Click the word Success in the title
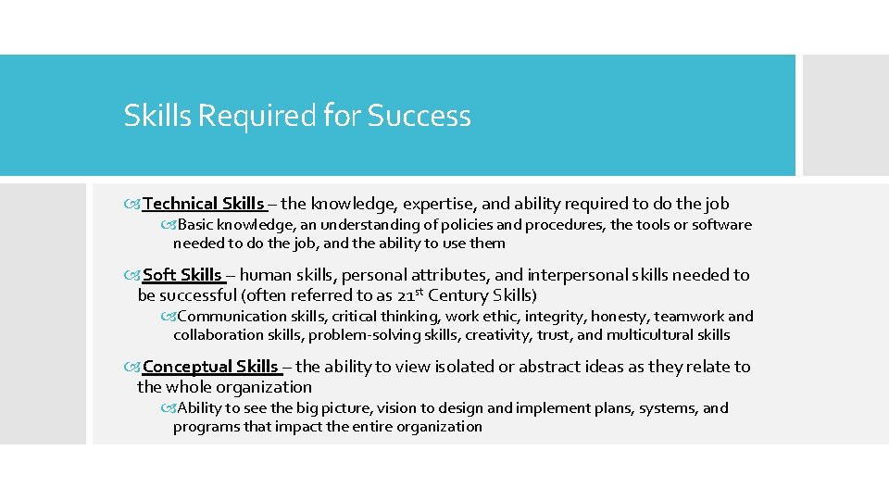pyautogui.click(x=419, y=116)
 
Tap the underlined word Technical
pyautogui.click(x=181, y=204)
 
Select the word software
pyautogui.click(x=721, y=225)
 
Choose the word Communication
pyautogui.click(x=229, y=317)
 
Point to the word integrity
pyautogui.click(x=555, y=317)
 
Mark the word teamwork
pyautogui.click(x=689, y=317)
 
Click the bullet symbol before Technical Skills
pyautogui.click(x=136, y=204)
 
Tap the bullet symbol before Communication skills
pyautogui.click(x=168, y=317)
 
